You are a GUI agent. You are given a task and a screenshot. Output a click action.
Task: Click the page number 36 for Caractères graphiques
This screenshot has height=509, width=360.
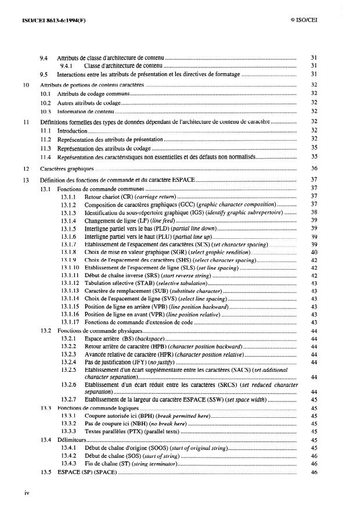pyautogui.click(x=313, y=168)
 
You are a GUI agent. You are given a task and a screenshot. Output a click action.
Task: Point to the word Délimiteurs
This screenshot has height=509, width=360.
pyautogui.click(x=71, y=439)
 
